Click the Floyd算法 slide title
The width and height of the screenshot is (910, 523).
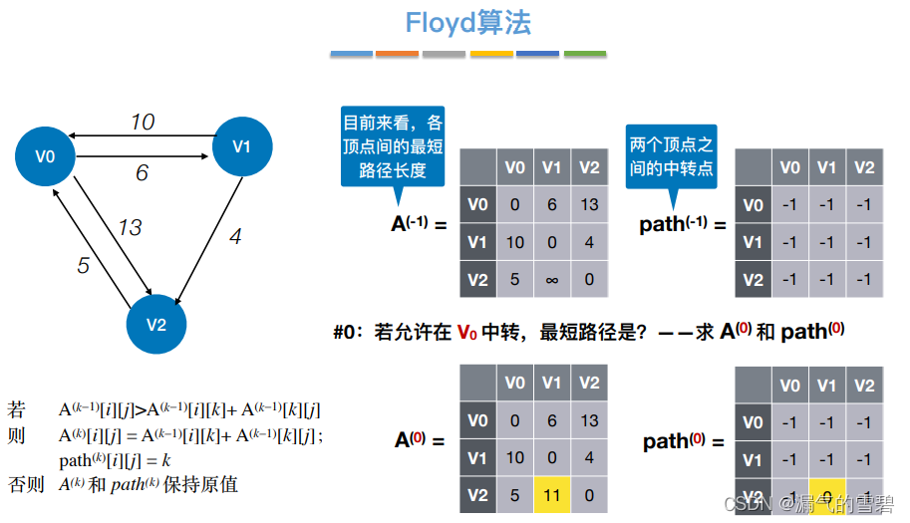tap(467, 23)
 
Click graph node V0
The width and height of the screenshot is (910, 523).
tap(45, 155)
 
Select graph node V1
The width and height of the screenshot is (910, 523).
tap(242, 146)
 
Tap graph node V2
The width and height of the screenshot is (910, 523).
tap(155, 324)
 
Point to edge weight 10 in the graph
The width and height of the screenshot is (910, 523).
tap(143, 122)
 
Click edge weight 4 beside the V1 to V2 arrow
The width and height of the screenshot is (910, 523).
tap(235, 237)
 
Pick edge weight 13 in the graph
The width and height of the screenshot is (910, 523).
tap(130, 228)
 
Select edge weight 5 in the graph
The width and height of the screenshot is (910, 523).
tap(84, 266)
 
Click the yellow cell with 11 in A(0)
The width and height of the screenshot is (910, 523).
tap(552, 495)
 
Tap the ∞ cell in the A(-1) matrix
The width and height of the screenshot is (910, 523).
tap(552, 279)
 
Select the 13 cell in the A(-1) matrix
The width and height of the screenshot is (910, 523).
tap(589, 204)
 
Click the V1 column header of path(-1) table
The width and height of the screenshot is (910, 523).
tap(827, 167)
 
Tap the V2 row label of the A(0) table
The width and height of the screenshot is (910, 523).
tap(477, 495)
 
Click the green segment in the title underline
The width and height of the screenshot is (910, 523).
tap(585, 53)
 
